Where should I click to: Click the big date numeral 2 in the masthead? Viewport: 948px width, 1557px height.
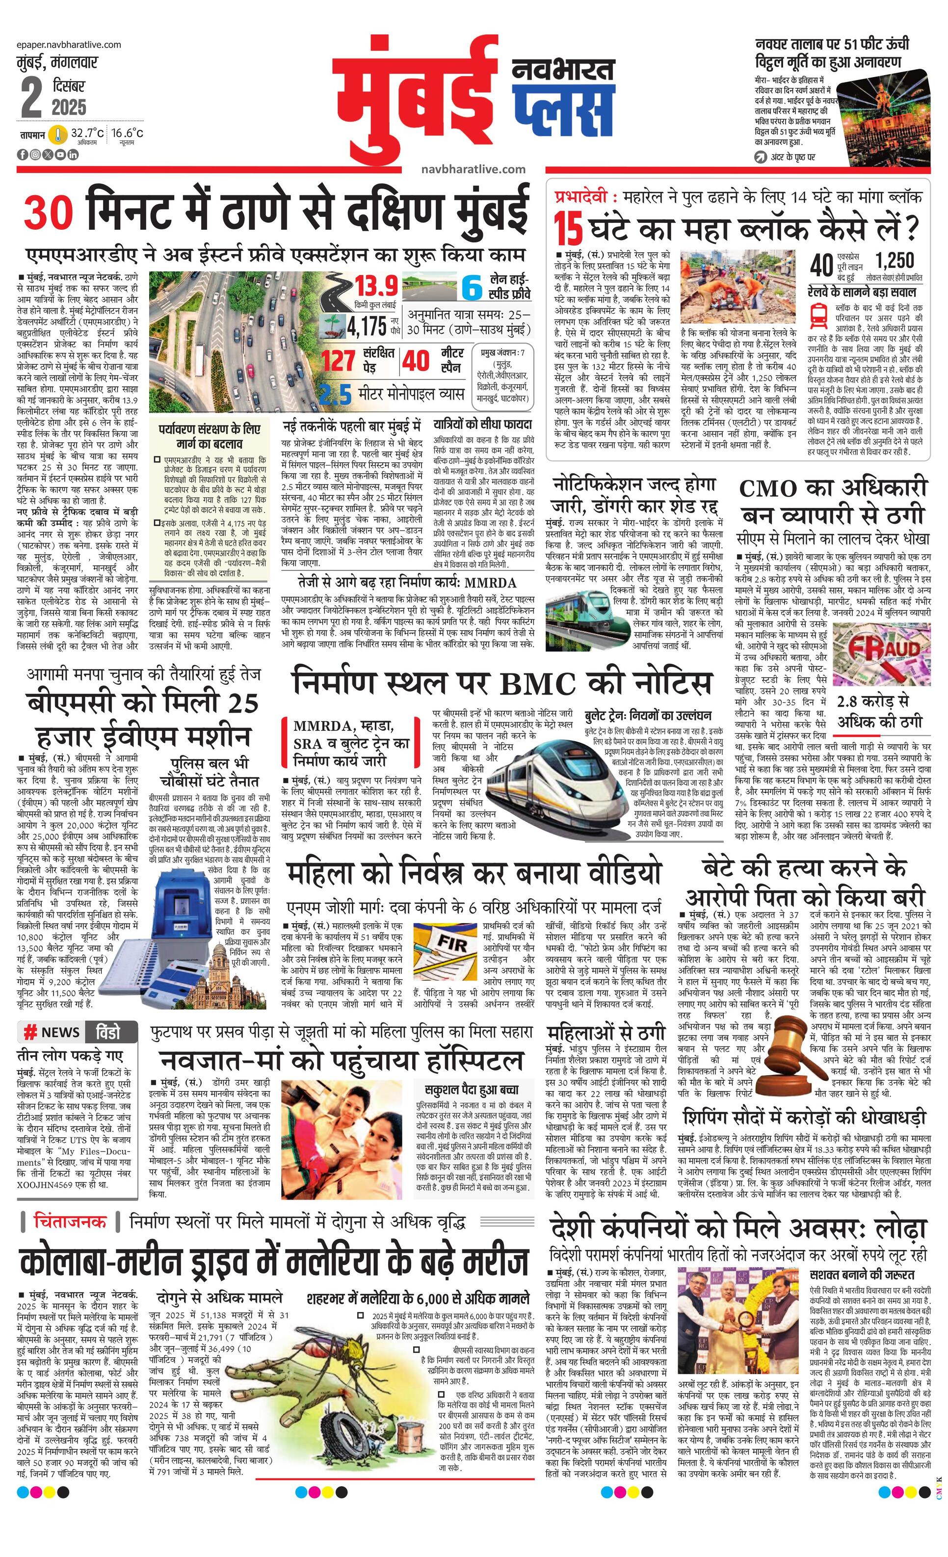pyautogui.click(x=31, y=96)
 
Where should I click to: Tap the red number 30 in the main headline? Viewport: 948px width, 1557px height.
pyautogui.click(x=49, y=213)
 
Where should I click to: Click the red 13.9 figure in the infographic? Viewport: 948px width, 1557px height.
pyautogui.click(x=376, y=286)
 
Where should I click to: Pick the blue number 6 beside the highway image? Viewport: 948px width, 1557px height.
pyautogui.click(x=471, y=288)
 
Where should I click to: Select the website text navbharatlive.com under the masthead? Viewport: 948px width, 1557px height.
pyautogui.click(x=473, y=169)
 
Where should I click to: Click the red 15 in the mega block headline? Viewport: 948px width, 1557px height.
pyautogui.click(x=568, y=229)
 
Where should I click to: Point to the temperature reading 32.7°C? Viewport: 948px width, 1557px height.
pyautogui.click(x=86, y=134)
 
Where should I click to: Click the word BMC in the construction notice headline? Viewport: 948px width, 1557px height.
pyautogui.click(x=538, y=684)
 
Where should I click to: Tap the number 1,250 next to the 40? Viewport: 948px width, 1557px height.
pyautogui.click(x=895, y=260)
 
